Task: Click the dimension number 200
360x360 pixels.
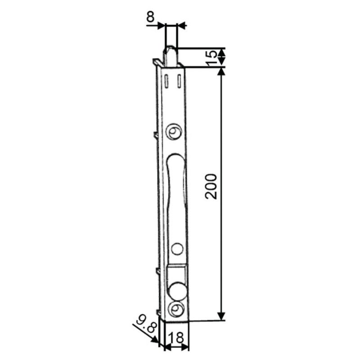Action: (211, 186)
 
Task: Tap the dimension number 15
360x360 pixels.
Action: (211, 58)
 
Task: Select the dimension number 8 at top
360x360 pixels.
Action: (150, 17)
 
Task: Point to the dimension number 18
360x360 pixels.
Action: (177, 337)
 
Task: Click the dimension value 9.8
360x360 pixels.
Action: (147, 324)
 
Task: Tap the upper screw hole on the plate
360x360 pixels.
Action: (174, 131)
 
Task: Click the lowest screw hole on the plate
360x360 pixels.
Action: (176, 309)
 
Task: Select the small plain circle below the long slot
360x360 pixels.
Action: (177, 249)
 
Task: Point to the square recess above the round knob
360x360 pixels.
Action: (176, 273)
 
